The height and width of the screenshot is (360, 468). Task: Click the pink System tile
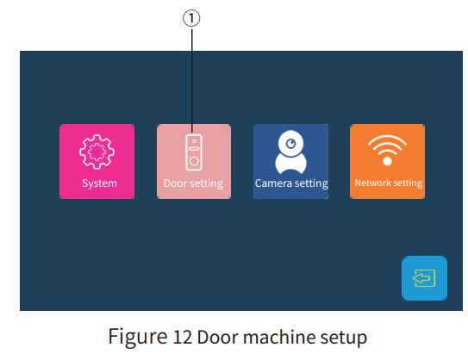click(97, 162)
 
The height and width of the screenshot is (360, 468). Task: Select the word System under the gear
click(99, 183)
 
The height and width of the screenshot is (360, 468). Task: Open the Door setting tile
click(193, 162)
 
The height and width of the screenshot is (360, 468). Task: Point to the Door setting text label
click(193, 183)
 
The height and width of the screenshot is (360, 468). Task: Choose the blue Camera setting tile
click(290, 162)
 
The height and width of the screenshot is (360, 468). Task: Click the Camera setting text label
click(291, 183)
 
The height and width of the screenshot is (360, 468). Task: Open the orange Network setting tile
click(387, 162)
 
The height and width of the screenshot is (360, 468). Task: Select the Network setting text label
click(388, 183)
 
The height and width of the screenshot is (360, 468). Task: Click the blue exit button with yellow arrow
click(424, 278)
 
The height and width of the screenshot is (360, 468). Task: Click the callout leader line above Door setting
click(194, 78)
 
